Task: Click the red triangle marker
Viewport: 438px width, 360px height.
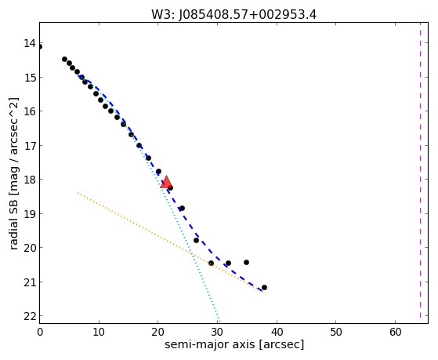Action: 166,182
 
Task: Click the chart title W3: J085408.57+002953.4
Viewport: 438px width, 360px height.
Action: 233,15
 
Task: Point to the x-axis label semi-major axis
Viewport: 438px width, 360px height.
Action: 209,344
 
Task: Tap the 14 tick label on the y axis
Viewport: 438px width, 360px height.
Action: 30,43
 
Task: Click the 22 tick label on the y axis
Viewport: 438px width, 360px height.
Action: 30,316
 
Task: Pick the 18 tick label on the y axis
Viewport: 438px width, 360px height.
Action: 30,180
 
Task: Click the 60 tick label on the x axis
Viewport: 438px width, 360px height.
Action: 395,332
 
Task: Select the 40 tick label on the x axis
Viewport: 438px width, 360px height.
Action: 277,332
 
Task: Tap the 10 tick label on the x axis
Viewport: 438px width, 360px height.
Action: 99,332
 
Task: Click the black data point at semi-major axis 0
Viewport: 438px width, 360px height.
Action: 40,47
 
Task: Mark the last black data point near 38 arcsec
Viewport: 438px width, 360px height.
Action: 264,288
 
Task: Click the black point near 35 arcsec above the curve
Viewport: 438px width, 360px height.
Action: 246,263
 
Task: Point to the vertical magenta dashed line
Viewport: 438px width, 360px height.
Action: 420,170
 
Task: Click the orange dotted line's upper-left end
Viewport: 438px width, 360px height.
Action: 78,193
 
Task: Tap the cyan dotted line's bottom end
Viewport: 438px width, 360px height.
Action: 219,321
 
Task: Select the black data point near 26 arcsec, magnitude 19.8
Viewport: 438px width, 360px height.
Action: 197,240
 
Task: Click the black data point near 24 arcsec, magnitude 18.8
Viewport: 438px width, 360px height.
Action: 182,209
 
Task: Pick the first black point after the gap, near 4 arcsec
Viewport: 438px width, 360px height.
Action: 64,60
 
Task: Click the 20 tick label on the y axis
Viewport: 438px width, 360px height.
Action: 30,248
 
